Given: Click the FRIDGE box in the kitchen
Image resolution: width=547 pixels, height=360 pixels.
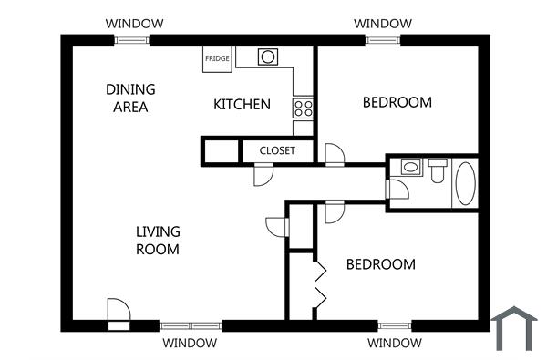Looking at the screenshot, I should pyautogui.click(x=217, y=57).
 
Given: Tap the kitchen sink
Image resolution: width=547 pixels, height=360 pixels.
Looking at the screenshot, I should pyautogui.click(x=267, y=57).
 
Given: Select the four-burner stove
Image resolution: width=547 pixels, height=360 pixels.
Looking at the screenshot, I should pyautogui.click(x=304, y=108).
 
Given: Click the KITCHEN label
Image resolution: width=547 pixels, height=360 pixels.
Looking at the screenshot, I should pyautogui.click(x=242, y=104).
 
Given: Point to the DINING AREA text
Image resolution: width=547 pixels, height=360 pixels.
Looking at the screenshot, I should pyautogui.click(x=130, y=98).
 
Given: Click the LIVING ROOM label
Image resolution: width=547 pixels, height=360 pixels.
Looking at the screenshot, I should pyautogui.click(x=158, y=240).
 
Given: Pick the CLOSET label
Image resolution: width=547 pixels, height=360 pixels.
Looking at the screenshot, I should pyautogui.click(x=277, y=150).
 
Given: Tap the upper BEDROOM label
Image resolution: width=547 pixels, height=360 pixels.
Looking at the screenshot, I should pyautogui.click(x=397, y=102).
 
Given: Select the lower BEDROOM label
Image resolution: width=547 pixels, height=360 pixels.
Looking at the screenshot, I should pyautogui.click(x=380, y=264).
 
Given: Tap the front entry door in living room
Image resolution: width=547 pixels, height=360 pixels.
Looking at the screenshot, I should pyautogui.click(x=118, y=312).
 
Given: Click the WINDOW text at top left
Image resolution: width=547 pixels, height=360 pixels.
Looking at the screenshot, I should pyautogui.click(x=134, y=23).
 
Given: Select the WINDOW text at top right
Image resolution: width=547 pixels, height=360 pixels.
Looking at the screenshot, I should pyautogui.click(x=382, y=23).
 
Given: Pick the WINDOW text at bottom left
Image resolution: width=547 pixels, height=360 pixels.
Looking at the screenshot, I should pyautogui.click(x=190, y=344).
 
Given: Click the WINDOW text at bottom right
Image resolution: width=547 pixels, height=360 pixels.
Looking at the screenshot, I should pyautogui.click(x=394, y=344).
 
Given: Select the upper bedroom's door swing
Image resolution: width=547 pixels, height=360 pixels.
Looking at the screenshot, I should pyautogui.click(x=335, y=154).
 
